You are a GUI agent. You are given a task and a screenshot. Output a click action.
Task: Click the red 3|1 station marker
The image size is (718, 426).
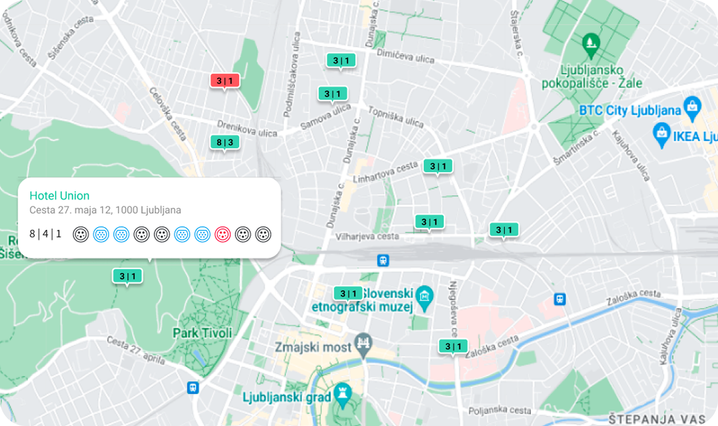224,81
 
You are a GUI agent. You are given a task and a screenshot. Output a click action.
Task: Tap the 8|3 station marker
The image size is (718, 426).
224,143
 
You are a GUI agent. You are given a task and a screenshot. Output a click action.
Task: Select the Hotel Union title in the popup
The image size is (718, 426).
59,196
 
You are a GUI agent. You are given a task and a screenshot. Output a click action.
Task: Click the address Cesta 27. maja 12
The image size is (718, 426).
105,210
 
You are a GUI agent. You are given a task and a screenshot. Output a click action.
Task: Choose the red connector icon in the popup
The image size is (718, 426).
223,234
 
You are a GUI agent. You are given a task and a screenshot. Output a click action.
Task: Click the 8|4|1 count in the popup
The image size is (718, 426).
45,234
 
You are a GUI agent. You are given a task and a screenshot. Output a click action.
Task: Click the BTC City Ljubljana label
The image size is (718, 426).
629,110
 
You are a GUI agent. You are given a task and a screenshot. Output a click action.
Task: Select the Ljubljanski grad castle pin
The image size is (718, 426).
342,394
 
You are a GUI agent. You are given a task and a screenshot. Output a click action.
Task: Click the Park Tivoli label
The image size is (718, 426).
202,332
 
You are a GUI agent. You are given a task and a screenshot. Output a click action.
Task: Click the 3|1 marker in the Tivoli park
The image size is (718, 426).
127,276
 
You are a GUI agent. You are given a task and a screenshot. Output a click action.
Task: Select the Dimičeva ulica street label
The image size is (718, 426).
405,56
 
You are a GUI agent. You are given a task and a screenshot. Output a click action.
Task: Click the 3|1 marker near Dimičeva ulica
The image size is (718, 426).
341,61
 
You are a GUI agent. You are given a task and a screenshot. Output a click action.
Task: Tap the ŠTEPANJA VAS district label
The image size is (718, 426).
656,419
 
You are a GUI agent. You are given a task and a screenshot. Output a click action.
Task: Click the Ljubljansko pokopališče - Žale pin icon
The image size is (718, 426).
590,42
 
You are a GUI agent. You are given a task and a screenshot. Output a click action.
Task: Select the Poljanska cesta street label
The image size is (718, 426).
500,411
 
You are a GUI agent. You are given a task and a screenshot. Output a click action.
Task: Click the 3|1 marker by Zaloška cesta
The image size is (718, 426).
453,347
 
